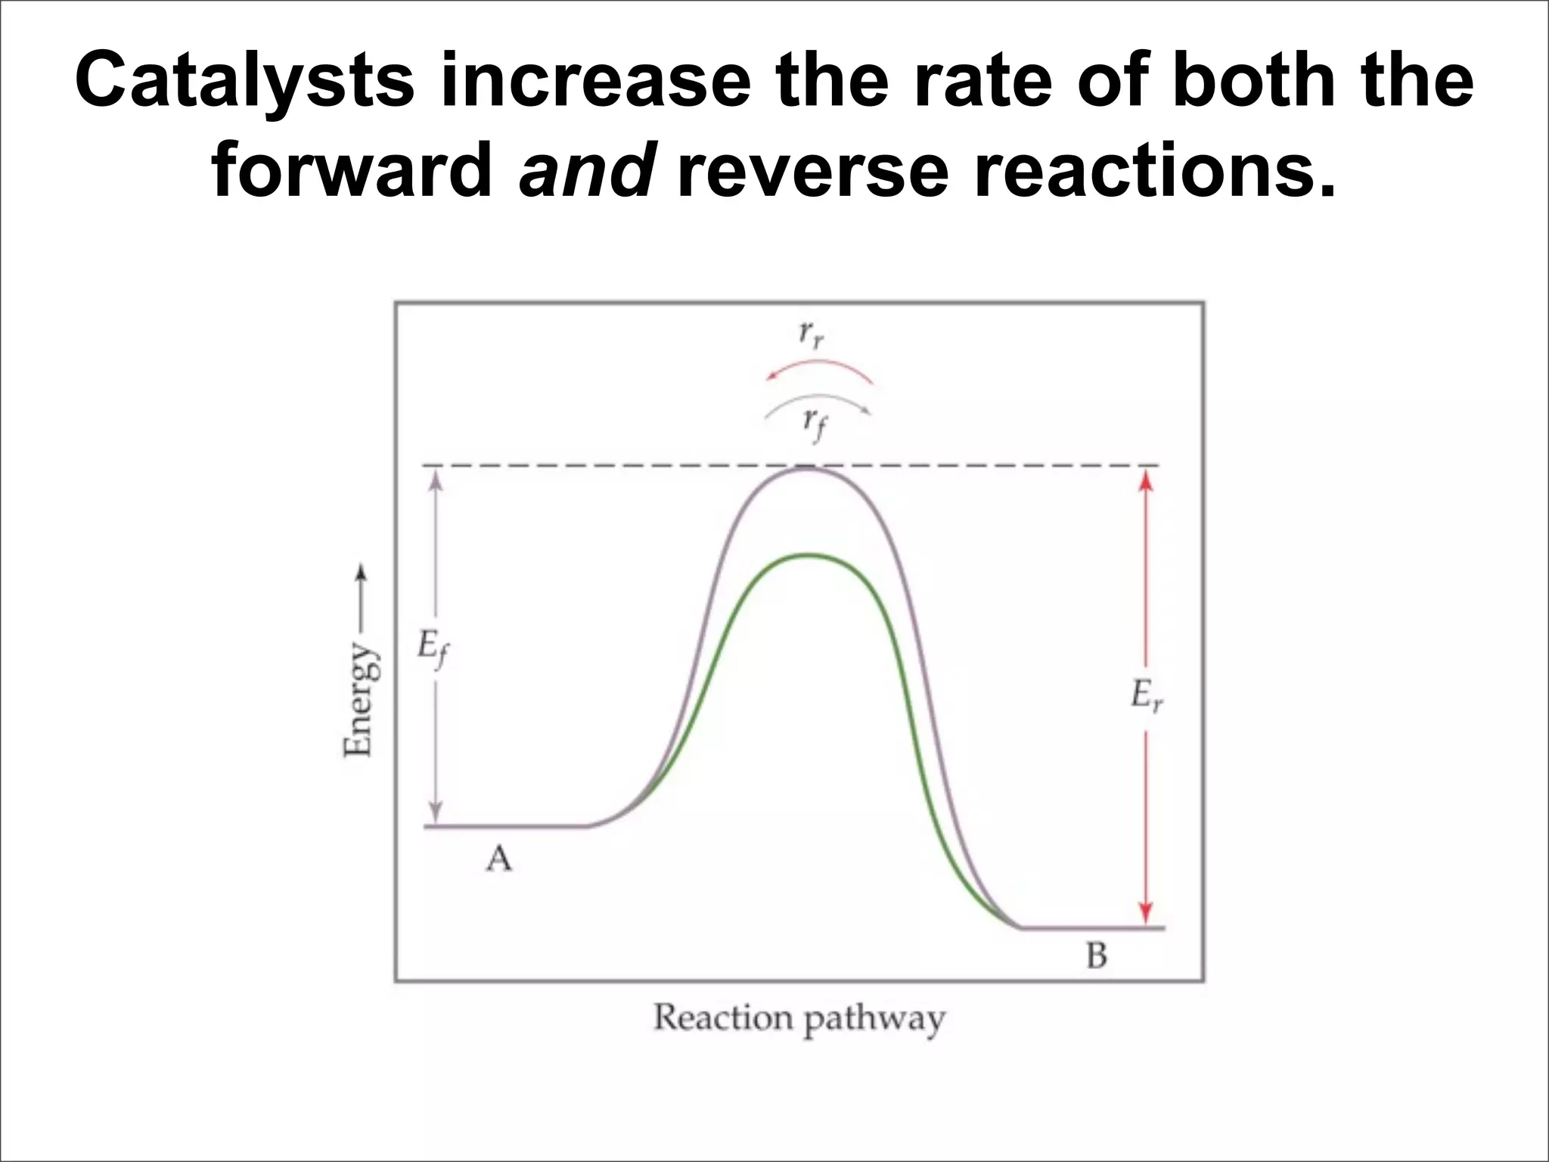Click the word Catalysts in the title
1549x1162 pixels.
click(245, 82)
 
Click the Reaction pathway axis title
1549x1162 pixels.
click(799, 1019)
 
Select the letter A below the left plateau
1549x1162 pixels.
click(498, 859)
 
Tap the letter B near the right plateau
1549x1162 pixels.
click(1096, 956)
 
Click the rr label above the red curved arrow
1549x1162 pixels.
click(811, 334)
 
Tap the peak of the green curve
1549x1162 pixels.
click(809, 555)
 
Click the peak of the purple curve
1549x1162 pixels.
click(807, 468)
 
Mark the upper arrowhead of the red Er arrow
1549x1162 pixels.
click(1146, 480)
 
